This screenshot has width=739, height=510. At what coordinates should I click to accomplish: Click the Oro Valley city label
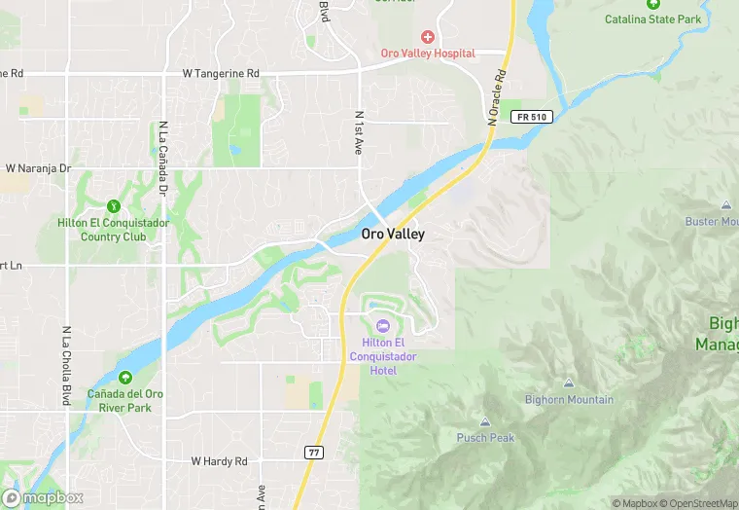(393, 235)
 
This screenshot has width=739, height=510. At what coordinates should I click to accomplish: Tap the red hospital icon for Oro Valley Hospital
(427, 37)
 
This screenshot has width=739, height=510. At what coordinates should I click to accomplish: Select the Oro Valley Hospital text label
(427, 54)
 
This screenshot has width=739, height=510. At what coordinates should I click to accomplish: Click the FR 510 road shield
(531, 117)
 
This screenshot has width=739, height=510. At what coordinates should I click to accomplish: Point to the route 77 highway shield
(313, 452)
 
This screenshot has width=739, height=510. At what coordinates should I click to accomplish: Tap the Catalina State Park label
(652, 19)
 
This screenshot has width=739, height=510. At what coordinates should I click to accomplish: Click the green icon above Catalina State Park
(652, 4)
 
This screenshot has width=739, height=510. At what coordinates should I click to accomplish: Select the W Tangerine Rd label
(221, 73)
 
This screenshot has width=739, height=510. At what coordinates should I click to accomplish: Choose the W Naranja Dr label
(39, 168)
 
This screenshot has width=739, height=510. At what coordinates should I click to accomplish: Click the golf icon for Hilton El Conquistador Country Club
(113, 206)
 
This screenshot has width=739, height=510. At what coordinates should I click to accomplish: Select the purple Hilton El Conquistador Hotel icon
(382, 325)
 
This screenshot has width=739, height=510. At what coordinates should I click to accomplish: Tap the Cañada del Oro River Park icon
(124, 378)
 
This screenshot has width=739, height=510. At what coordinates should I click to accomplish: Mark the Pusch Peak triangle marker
(485, 422)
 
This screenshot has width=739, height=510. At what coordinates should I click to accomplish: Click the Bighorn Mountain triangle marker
(569, 384)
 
